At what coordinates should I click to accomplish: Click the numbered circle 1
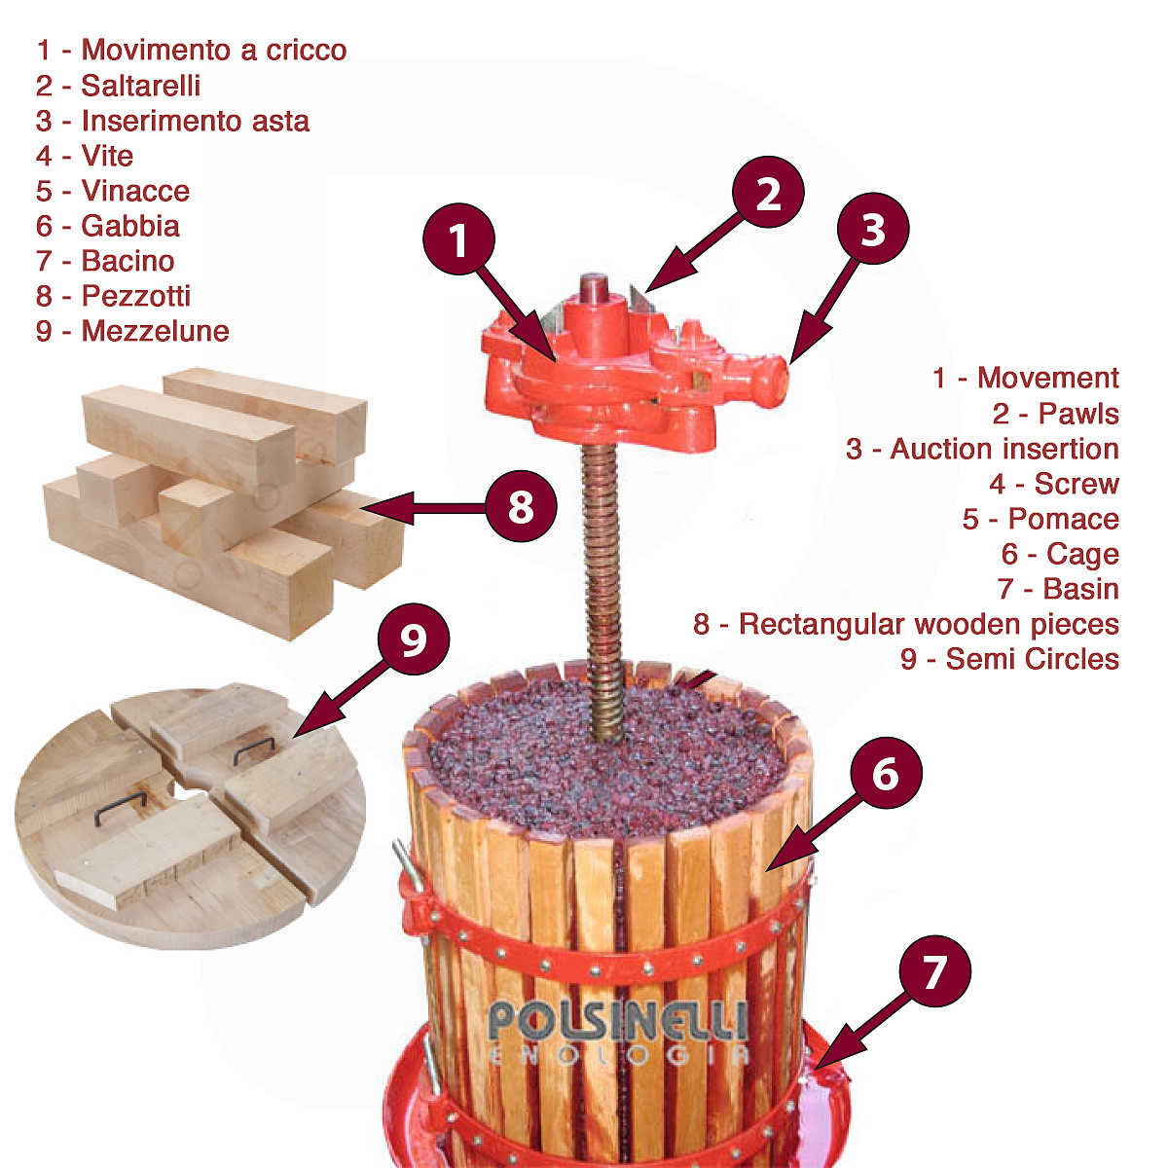pyautogui.click(x=459, y=239)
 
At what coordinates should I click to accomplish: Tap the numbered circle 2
pyautogui.click(x=769, y=192)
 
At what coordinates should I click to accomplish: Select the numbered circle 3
pyautogui.click(x=873, y=229)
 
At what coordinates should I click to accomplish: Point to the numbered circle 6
pyautogui.click(x=886, y=775)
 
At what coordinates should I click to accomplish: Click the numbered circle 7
pyautogui.click(x=934, y=971)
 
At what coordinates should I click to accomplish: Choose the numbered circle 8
pyautogui.click(x=521, y=506)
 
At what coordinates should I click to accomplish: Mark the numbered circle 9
pyautogui.click(x=414, y=640)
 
